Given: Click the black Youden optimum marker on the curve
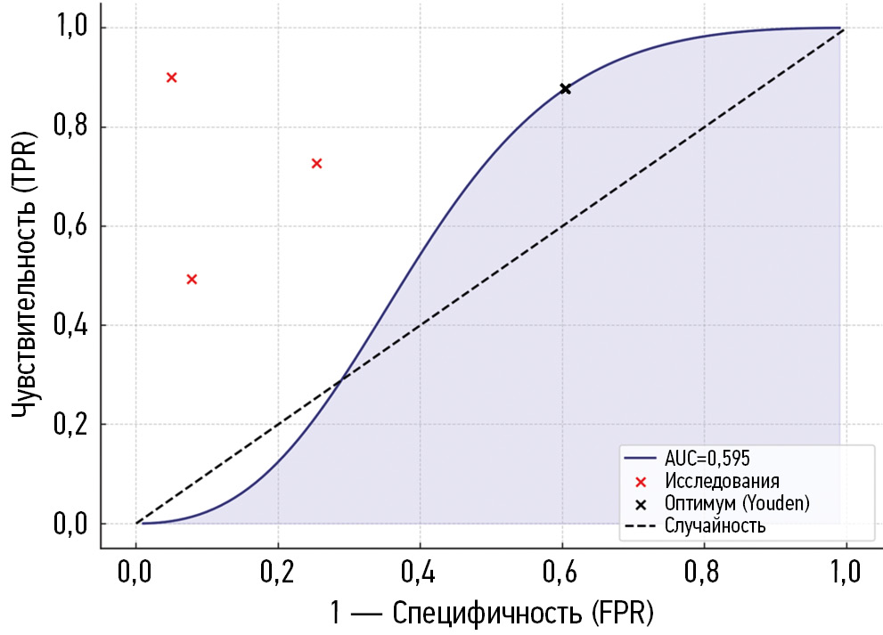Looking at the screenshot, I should tap(565, 89).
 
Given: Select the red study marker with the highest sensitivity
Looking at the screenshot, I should tap(172, 77).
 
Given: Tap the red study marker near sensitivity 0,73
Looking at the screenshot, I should tap(316, 163).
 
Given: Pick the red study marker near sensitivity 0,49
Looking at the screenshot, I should tap(192, 279).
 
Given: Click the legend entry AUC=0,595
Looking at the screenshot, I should tap(707, 460).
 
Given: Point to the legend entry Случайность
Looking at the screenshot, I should tap(715, 525).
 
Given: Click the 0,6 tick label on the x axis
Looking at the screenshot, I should tap(561, 570).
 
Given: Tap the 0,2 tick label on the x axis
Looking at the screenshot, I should tap(278, 570).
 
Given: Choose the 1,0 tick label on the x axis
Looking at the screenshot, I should tap(844, 570).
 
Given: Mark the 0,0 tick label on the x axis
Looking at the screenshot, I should tap(135, 570).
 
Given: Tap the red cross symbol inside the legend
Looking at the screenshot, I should tap(641, 482).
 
